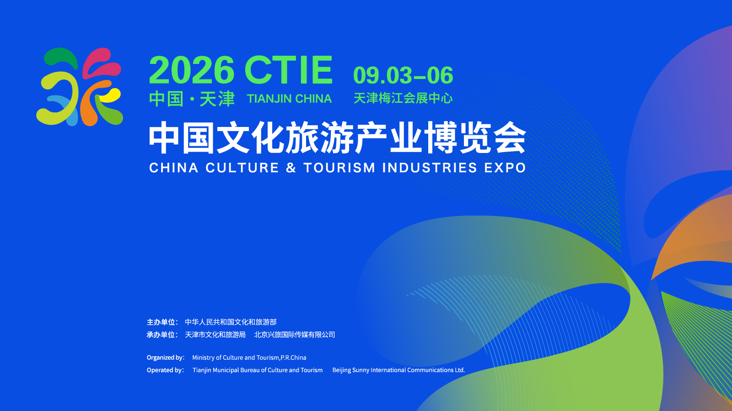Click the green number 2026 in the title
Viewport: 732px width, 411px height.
(x=192, y=70)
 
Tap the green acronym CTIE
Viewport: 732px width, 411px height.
(x=289, y=70)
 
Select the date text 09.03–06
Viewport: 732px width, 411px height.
(x=403, y=75)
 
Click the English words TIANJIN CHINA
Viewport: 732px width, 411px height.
(x=289, y=99)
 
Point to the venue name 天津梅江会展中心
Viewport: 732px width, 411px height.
(x=403, y=98)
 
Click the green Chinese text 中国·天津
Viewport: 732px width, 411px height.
(x=192, y=99)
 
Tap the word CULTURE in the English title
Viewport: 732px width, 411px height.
(x=242, y=168)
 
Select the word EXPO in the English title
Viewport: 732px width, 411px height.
(x=505, y=168)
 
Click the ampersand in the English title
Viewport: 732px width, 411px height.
(x=291, y=168)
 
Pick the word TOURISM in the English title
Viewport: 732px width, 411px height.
(x=339, y=168)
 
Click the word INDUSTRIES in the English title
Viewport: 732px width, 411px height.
(x=430, y=168)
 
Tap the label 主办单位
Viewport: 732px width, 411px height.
(x=161, y=322)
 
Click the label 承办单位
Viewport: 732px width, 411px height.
(x=161, y=335)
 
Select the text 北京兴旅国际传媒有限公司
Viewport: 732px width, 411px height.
(x=295, y=335)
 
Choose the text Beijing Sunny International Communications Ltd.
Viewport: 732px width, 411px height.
(x=398, y=370)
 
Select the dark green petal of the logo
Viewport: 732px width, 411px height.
(x=61, y=57)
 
